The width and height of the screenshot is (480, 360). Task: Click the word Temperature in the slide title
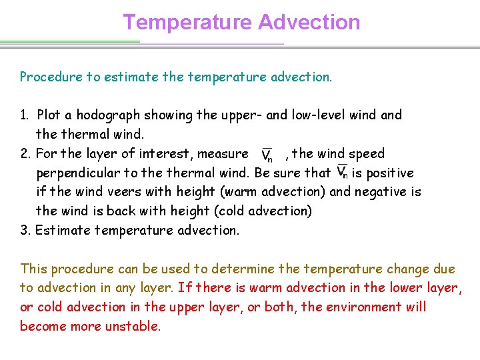tap(187, 22)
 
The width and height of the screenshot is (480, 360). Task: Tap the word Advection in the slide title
tap(309, 22)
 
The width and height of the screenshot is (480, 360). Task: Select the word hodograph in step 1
tap(107, 115)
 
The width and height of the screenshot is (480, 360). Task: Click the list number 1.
tap(24, 115)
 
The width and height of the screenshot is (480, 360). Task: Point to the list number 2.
tap(25, 153)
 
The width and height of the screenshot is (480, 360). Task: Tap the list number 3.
tap(25, 230)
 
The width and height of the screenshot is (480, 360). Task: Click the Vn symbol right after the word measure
tap(267, 155)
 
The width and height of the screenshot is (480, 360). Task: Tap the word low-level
tap(313, 115)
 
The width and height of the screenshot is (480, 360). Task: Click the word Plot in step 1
tap(49, 115)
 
